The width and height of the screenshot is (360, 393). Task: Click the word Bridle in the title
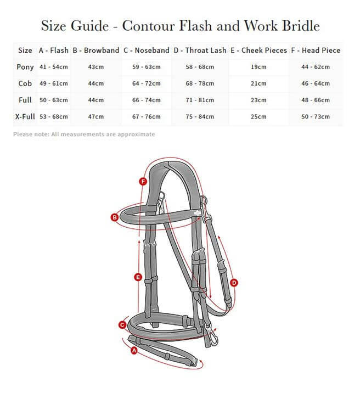[x=299, y=26]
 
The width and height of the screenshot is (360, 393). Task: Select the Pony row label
[x=25, y=67]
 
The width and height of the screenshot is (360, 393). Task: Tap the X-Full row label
[x=25, y=116]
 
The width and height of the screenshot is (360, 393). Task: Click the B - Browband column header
[x=95, y=50]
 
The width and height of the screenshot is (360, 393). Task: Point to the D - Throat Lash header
[x=200, y=50]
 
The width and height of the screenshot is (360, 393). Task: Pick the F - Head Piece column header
[x=316, y=50]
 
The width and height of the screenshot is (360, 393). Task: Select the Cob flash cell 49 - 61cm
[x=53, y=83]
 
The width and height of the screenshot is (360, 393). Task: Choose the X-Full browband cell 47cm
[x=95, y=116]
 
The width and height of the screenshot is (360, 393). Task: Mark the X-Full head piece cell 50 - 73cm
[x=316, y=116]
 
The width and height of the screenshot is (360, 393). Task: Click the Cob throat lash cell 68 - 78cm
[x=200, y=83]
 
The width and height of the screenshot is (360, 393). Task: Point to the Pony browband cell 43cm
[x=95, y=67]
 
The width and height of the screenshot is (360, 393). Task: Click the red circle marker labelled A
[x=133, y=350]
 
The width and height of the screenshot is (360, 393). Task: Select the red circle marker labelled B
[x=115, y=217]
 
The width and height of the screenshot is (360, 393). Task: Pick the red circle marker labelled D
[x=234, y=283]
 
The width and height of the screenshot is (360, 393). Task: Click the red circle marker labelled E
[x=138, y=277]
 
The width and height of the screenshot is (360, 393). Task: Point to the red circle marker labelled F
[x=143, y=181]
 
